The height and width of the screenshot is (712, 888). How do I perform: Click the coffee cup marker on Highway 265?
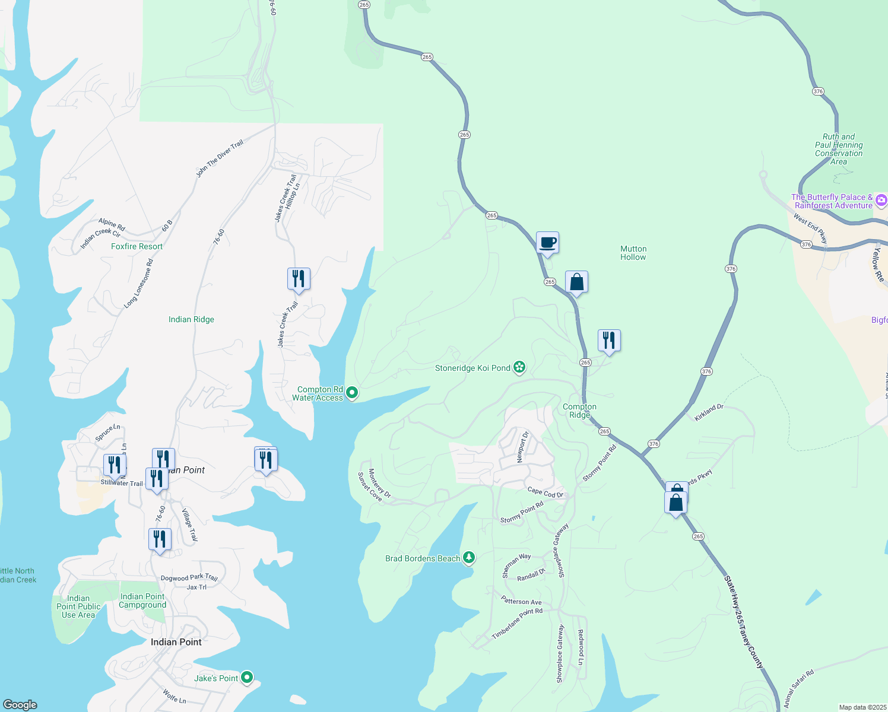point(547,243)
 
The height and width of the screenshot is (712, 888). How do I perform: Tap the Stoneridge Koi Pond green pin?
point(519,368)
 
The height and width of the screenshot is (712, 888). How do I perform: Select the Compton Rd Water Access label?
point(318,394)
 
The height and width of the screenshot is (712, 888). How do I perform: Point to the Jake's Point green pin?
point(247,677)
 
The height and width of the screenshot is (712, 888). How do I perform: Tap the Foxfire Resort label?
point(137,246)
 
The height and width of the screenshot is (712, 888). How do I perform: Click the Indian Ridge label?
point(191,319)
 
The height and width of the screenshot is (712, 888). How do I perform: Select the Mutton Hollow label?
point(633,253)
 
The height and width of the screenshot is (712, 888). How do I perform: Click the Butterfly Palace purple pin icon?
point(881,201)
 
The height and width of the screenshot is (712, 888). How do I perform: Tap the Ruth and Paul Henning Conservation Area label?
point(838,149)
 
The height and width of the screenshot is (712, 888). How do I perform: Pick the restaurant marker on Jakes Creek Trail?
point(299,278)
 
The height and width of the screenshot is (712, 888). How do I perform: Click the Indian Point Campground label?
point(142,601)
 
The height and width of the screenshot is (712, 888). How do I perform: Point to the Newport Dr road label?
point(522,447)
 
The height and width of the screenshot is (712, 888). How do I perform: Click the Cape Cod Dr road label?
point(545,492)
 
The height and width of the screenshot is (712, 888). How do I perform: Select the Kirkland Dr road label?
point(709,413)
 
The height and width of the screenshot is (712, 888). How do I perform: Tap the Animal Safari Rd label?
point(798,688)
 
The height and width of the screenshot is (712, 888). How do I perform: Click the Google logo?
point(20,705)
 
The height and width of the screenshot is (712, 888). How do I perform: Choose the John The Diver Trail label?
point(220,159)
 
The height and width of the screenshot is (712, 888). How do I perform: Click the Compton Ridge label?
point(579,411)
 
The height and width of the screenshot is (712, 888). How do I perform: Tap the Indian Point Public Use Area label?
point(78,606)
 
